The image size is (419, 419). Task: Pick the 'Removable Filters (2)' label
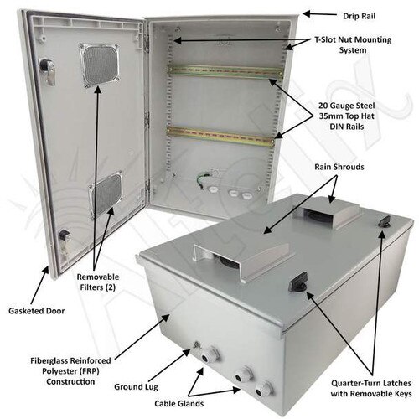coord(98,282)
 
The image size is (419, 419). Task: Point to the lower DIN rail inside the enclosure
coord(222,132)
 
